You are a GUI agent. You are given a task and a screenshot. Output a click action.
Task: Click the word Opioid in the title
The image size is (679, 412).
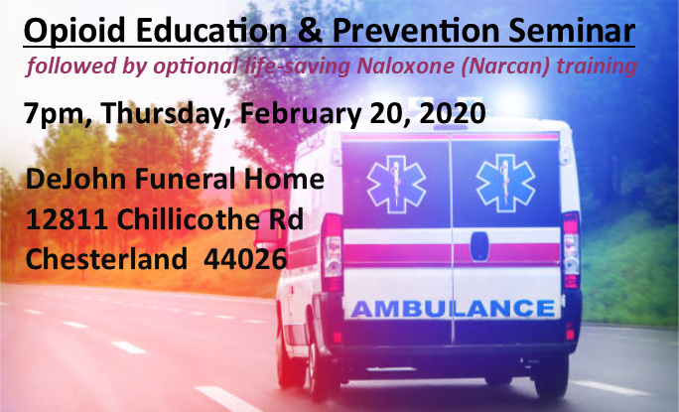tap(74, 31)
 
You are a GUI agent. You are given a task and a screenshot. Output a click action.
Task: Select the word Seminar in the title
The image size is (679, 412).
tap(572, 30)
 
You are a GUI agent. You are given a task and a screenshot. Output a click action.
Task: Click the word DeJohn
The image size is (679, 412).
tap(75, 179)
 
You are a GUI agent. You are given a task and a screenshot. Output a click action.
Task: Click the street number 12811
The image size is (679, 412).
tap(67, 219)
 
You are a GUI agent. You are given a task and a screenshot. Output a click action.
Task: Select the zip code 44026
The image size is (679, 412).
tap(245, 259)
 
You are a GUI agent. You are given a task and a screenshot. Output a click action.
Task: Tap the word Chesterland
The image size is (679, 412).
tap(106, 259)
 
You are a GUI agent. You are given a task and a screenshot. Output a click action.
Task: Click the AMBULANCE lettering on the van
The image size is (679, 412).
tap(454, 309)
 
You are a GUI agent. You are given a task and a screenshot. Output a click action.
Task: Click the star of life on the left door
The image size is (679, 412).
tap(396, 184)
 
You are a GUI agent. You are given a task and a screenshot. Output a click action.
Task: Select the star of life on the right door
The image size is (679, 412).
tap(505, 183)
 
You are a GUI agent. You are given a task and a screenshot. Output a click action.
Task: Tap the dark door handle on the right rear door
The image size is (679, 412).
tap(479, 247)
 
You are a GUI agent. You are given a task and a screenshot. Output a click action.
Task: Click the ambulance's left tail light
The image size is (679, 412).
tap(333, 252)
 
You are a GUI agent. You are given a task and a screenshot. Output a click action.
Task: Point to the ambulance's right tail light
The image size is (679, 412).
tap(571, 249)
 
